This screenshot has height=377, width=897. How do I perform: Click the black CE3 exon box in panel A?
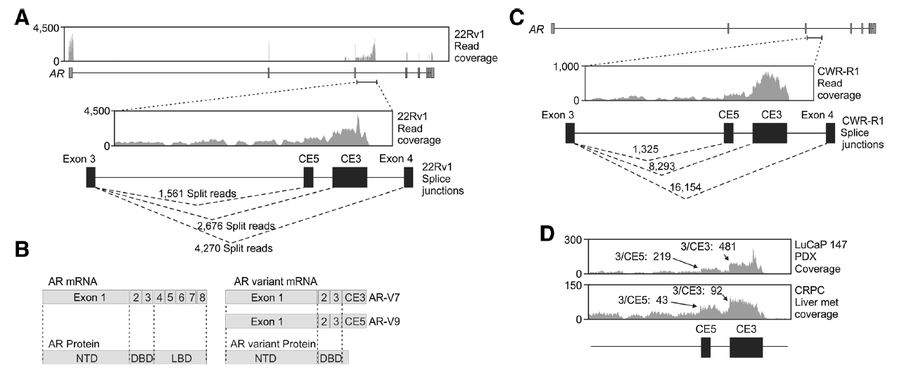click(350, 177)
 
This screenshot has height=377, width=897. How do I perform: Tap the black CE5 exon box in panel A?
click(308, 177)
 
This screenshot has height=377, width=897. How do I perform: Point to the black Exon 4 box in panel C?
click(830, 133)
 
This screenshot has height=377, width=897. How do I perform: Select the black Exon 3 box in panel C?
click(570, 133)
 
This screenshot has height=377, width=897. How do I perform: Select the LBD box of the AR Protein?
click(179, 357)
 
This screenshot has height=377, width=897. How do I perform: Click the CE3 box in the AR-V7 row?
click(355, 298)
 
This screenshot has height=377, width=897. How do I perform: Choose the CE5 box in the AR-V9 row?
click(355, 321)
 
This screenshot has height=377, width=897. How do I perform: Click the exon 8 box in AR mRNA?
click(203, 298)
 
